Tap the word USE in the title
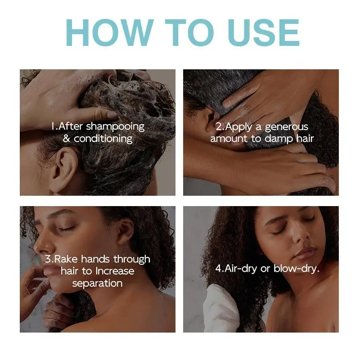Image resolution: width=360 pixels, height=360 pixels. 264,32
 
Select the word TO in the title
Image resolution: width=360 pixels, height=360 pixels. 189,32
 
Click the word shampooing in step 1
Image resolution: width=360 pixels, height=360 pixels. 115,127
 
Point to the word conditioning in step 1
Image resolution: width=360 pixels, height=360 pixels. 103,139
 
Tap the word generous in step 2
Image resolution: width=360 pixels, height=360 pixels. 287,127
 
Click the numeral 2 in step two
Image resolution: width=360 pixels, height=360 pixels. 219,127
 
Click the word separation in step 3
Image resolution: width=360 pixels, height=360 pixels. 97,283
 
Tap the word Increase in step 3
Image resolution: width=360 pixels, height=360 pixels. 115,271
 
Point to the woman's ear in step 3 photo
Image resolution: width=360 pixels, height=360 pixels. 126,231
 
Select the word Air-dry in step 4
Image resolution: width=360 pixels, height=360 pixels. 241,269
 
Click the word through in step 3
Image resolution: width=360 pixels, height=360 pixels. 132,260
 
